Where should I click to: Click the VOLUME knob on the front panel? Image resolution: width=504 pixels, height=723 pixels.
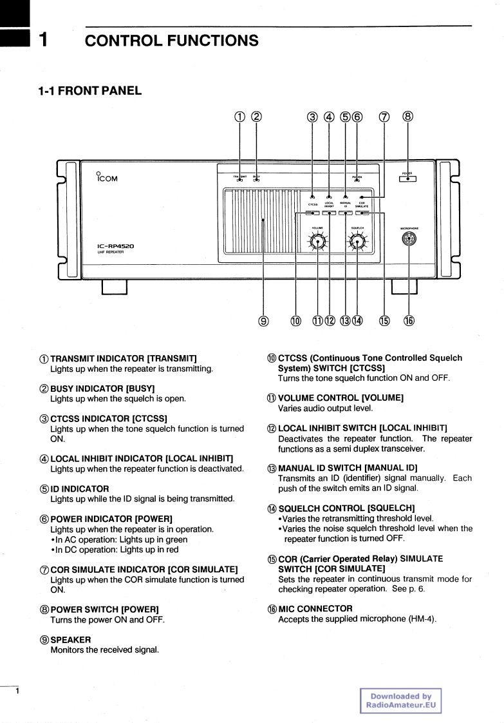(x=317, y=241)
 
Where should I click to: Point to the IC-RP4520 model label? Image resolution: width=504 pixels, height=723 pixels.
(x=116, y=246)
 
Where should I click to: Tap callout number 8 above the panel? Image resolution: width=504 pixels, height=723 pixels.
(x=407, y=117)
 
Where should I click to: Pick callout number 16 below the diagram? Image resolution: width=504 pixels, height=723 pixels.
(x=408, y=321)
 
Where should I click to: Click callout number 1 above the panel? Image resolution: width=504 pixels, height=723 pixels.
(x=239, y=117)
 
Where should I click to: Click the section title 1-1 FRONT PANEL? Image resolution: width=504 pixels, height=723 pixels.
(x=90, y=90)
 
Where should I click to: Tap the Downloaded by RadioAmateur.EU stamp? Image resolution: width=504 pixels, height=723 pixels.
(x=400, y=700)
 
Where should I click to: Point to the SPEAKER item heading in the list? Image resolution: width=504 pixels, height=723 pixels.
(x=71, y=639)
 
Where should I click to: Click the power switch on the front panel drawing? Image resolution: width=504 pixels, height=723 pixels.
(x=407, y=179)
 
